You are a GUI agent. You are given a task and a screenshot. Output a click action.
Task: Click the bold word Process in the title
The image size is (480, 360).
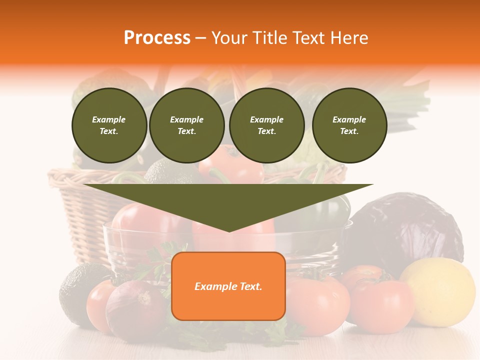pyautogui.click(x=157, y=38)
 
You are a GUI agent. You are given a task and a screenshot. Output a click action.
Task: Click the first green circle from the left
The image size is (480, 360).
pyautogui.click(x=109, y=125)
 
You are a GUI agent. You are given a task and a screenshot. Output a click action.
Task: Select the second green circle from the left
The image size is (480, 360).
pyautogui.click(x=186, y=125)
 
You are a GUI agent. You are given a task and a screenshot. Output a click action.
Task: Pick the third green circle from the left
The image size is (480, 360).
pyautogui.click(x=266, y=125)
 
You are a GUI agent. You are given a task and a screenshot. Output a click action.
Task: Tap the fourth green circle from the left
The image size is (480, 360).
pyautogui.click(x=349, y=125)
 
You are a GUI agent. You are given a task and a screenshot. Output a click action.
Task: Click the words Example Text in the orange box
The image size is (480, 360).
pyautogui.click(x=228, y=286)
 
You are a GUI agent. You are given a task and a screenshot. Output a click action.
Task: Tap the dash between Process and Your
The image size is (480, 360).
pyautogui.click(x=200, y=38)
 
